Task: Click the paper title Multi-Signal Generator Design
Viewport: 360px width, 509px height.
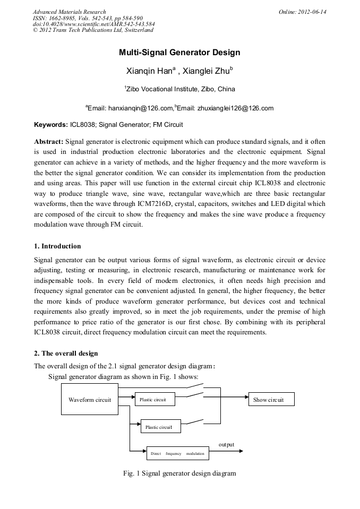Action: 179,53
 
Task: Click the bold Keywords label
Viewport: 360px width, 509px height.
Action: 50,125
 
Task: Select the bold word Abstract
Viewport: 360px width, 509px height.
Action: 48,142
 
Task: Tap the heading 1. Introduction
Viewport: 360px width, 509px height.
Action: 57,246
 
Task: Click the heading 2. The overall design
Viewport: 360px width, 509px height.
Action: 66,353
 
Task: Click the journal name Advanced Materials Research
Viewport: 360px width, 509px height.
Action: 69,12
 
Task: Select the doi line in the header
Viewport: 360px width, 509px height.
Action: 93,24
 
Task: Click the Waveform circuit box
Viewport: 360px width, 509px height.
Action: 90,400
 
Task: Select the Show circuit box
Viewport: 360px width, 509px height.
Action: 271,400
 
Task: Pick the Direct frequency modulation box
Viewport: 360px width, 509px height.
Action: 177,453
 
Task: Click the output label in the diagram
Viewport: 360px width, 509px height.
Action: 226,444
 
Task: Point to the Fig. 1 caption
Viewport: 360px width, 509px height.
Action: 179,473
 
